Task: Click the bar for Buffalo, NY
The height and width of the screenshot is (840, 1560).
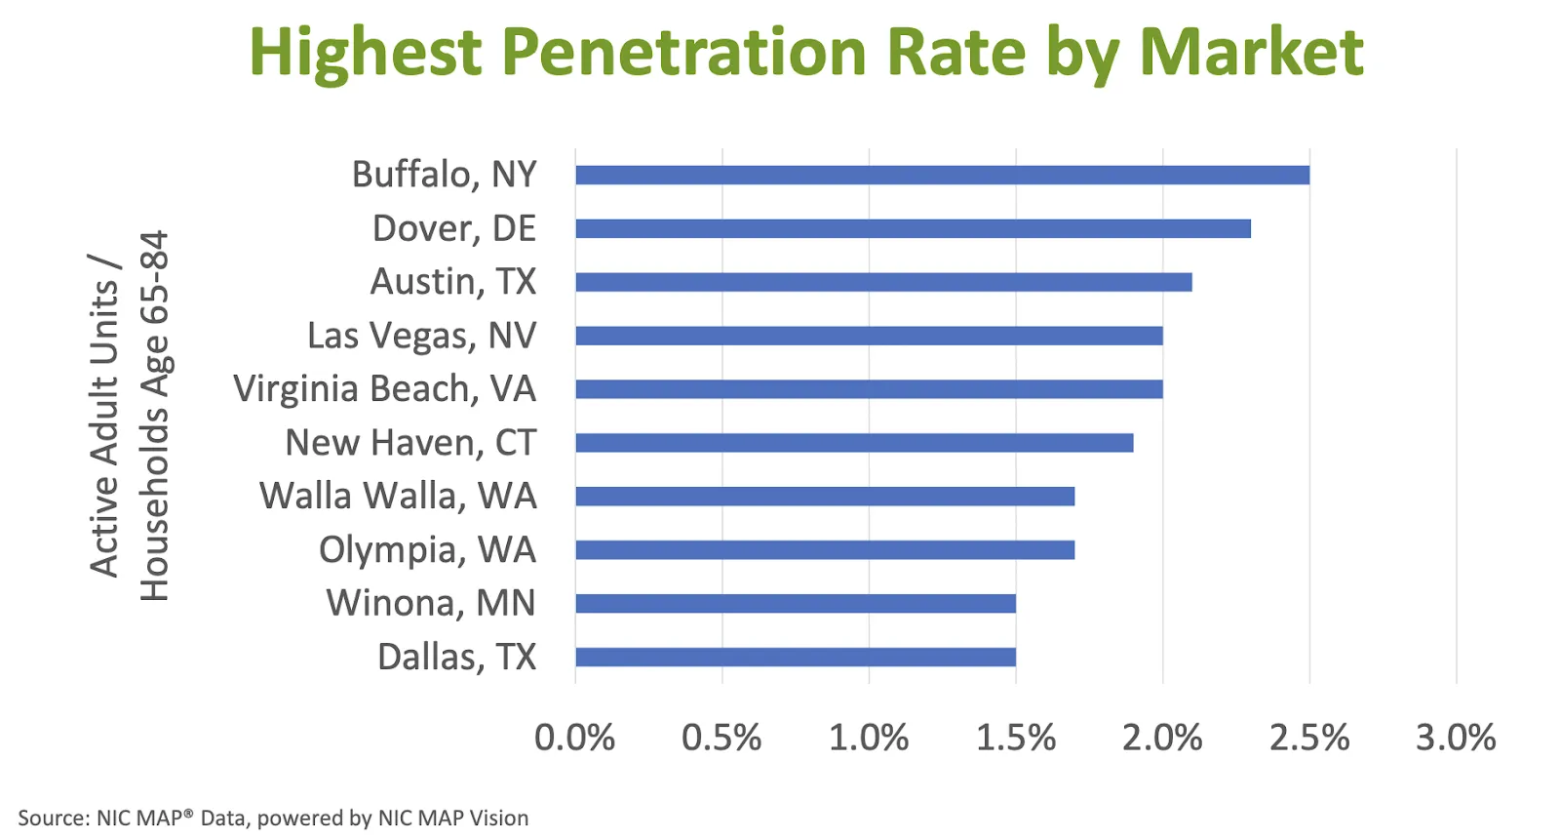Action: pyautogui.click(x=942, y=176)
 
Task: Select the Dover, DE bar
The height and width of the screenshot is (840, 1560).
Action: pyautogui.click(x=913, y=229)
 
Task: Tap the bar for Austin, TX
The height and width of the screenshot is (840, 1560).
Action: pyautogui.click(x=883, y=283)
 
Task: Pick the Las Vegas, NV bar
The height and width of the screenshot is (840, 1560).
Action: pyautogui.click(x=869, y=337)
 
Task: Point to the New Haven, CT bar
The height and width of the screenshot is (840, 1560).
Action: pyautogui.click(x=854, y=443)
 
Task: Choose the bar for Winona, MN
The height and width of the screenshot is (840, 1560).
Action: pyautogui.click(x=796, y=604)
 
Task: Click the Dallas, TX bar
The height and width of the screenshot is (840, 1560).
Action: pyautogui.click(x=796, y=657)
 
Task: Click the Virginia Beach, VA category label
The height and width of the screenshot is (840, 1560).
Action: pyautogui.click(x=384, y=389)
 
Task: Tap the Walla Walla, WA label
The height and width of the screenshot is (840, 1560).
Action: pyautogui.click(x=398, y=496)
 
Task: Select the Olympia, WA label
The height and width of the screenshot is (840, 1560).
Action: pyautogui.click(x=427, y=550)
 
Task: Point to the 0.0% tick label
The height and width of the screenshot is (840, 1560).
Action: pyautogui.click(x=574, y=738)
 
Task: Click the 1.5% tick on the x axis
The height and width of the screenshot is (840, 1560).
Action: pyautogui.click(x=1015, y=738)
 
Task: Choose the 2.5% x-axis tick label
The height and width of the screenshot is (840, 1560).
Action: pyautogui.click(x=1308, y=738)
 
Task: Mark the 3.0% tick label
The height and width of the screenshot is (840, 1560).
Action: pyautogui.click(x=1456, y=738)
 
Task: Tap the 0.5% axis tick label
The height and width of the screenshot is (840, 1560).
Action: pyautogui.click(x=721, y=738)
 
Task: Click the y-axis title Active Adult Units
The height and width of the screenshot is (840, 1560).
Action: pyautogui.click(x=104, y=416)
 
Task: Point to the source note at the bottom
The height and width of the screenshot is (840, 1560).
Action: pyautogui.click(x=273, y=818)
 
